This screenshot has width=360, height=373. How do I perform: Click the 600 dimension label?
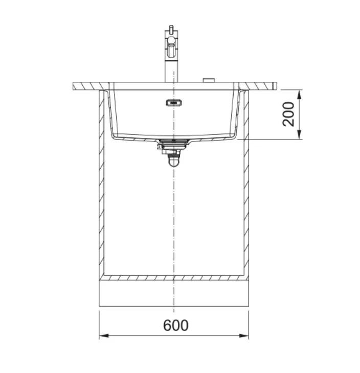coord(176,325)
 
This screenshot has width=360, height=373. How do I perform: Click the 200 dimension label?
coord(288,114)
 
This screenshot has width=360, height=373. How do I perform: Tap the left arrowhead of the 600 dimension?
coord(104,336)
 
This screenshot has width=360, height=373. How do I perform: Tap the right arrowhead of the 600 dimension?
coord(244,336)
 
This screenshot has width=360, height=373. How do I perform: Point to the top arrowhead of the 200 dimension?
coord(300,95)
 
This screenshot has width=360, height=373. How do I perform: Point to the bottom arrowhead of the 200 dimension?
coord(300,135)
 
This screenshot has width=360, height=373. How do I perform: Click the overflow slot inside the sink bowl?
coord(174,103)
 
